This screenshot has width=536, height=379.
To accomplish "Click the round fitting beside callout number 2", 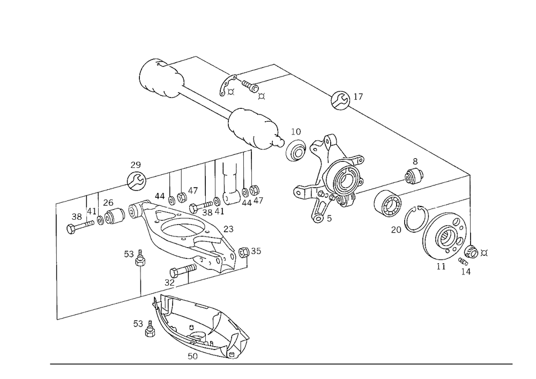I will coord(339,100).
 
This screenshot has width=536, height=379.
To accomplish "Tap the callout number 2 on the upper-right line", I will coord(356,97).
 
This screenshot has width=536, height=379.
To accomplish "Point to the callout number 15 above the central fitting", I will coord(295,130).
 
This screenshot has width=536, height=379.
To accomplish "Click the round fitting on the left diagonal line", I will coord(135,180).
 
